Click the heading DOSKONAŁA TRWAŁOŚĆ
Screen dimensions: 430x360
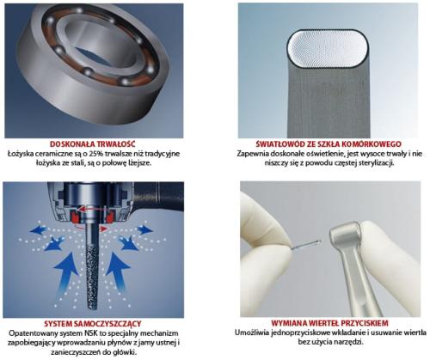(93, 143)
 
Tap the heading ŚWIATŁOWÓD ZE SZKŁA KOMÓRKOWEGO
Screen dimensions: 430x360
(329, 143)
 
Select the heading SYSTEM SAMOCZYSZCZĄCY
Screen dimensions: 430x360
(93, 324)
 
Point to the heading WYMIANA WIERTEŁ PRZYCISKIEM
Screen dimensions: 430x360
(329, 323)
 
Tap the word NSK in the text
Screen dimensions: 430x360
(89, 333)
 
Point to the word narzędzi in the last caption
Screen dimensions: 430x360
(350, 342)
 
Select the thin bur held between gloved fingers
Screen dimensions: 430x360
(306, 244)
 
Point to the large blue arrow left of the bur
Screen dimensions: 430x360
(65, 273)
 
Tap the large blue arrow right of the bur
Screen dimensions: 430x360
(119, 272)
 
